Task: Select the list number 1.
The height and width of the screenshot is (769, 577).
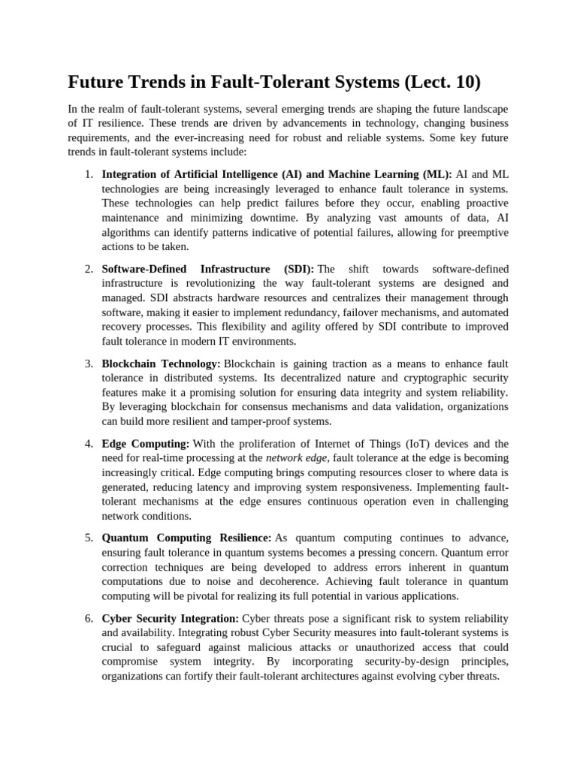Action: pyautogui.click(x=88, y=175)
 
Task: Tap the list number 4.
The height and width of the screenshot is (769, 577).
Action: pyautogui.click(x=88, y=444)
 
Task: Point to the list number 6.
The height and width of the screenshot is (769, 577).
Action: pyautogui.click(x=88, y=619)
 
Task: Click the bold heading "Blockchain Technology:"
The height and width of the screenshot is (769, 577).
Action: pyautogui.click(x=161, y=363)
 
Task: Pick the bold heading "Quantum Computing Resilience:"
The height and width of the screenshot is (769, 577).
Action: pyautogui.click(x=186, y=538)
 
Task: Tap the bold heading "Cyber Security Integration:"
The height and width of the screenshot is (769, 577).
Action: pyautogui.click(x=170, y=619)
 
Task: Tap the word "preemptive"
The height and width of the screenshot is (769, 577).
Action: pyautogui.click(x=478, y=233)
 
